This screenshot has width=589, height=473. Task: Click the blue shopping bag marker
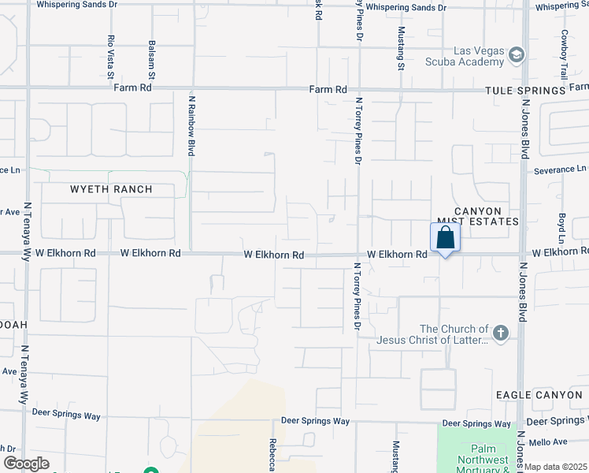pos(445,237)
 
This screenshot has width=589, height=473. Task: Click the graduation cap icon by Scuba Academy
pos(516,54)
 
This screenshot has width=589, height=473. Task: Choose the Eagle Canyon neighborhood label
pos(539,393)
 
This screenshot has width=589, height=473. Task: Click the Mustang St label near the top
pos(401,48)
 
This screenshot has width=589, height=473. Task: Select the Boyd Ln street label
pos(562,228)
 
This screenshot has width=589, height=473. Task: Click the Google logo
pos(26,463)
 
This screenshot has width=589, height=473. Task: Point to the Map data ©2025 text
pos(557,467)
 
